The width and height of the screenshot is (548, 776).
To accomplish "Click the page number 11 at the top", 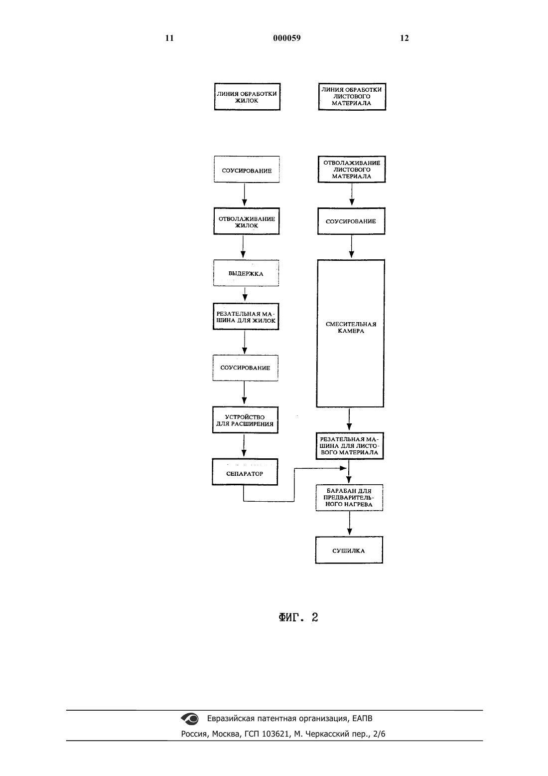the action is (x=169, y=38).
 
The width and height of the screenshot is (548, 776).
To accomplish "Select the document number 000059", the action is (x=287, y=38).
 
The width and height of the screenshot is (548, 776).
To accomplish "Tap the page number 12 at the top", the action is (x=404, y=38).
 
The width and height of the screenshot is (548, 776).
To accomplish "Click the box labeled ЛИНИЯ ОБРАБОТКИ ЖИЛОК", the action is (x=247, y=97).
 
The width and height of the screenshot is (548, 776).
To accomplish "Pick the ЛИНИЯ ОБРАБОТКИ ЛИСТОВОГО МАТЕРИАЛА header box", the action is (x=352, y=97).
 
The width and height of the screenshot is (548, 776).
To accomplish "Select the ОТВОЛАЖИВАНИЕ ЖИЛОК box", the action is (x=246, y=221).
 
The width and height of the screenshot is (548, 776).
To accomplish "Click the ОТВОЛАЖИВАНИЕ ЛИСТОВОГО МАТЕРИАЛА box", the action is (x=352, y=170).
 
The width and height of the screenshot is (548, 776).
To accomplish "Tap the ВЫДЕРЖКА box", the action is (x=246, y=273).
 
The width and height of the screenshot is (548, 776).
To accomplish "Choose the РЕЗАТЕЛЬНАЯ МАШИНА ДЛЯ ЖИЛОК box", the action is (x=246, y=317).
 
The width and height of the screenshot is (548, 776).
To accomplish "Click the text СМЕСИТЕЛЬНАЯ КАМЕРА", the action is (x=351, y=327).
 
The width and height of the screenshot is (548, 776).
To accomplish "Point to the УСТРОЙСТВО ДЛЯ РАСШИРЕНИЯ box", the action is (x=245, y=420).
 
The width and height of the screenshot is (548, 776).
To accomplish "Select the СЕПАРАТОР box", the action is (x=245, y=472).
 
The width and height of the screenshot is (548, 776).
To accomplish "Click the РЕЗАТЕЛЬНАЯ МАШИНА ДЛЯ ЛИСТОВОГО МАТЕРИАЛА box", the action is (x=349, y=446).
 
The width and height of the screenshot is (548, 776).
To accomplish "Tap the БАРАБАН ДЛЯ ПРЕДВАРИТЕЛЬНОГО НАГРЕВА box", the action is (x=349, y=498).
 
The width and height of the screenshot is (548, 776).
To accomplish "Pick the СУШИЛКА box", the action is (x=349, y=550).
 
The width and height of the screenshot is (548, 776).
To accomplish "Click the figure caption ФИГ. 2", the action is (x=298, y=617).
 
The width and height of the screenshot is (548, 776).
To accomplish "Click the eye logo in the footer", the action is (x=190, y=719).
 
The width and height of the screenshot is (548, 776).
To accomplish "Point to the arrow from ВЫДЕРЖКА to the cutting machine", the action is (x=245, y=294).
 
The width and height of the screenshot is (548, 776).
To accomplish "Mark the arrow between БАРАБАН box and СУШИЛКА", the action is (x=349, y=524).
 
